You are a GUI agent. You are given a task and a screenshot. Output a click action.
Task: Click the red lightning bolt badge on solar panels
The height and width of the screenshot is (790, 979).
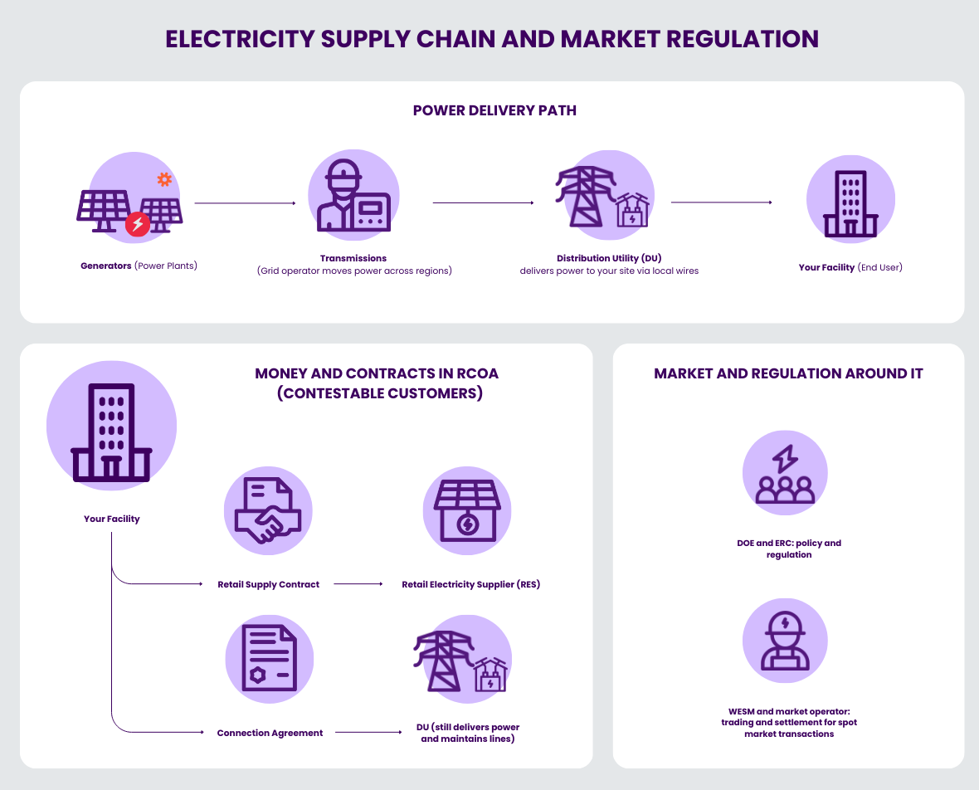(x=138, y=224)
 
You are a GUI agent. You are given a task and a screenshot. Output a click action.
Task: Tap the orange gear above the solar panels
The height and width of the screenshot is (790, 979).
(x=164, y=179)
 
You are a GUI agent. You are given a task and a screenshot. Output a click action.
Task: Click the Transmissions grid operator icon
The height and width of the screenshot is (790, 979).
(x=353, y=196)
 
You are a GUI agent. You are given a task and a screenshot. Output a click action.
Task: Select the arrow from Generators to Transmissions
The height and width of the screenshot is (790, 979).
(x=245, y=203)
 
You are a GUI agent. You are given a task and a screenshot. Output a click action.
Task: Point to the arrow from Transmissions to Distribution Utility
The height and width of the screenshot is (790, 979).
(x=483, y=203)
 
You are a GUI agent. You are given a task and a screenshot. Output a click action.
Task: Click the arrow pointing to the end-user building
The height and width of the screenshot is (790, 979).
(x=721, y=202)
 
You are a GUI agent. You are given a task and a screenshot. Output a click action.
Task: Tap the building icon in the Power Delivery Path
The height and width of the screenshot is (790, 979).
(x=850, y=200)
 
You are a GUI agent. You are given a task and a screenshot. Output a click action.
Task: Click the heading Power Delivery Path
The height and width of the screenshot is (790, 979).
(x=494, y=110)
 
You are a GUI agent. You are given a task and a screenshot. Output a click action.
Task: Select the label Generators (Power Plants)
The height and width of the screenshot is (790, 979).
(x=139, y=266)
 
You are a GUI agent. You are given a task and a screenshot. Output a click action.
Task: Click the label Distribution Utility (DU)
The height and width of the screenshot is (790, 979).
(x=609, y=258)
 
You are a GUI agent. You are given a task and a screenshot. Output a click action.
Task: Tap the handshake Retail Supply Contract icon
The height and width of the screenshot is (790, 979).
(x=268, y=510)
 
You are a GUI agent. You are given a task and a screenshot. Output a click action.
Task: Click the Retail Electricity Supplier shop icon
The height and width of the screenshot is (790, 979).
(x=467, y=510)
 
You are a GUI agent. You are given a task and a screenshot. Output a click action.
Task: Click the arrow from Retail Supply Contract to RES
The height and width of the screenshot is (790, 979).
(x=358, y=584)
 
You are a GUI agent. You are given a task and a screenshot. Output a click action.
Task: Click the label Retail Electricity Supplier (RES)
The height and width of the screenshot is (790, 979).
(x=470, y=585)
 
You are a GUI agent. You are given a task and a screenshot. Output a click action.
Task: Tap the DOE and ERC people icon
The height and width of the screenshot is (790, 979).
(x=785, y=474)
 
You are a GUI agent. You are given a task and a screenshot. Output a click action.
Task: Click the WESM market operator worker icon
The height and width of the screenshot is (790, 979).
(x=785, y=641)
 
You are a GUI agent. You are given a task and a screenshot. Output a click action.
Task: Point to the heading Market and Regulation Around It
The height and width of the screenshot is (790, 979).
(x=788, y=373)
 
